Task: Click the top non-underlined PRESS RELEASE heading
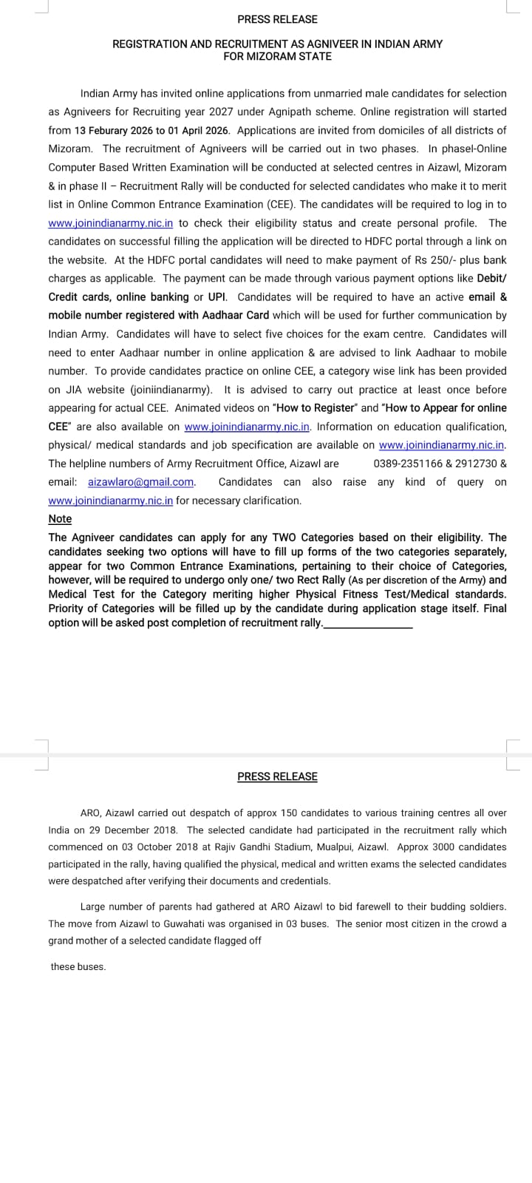click(x=277, y=19)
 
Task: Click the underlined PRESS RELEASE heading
click(x=277, y=776)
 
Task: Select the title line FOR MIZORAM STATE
click(x=277, y=56)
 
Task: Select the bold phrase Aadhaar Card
click(x=236, y=315)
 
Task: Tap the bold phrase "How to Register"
click(x=314, y=407)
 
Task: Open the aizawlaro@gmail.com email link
click(x=141, y=482)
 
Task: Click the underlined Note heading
click(x=60, y=519)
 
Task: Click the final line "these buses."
click(x=78, y=966)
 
